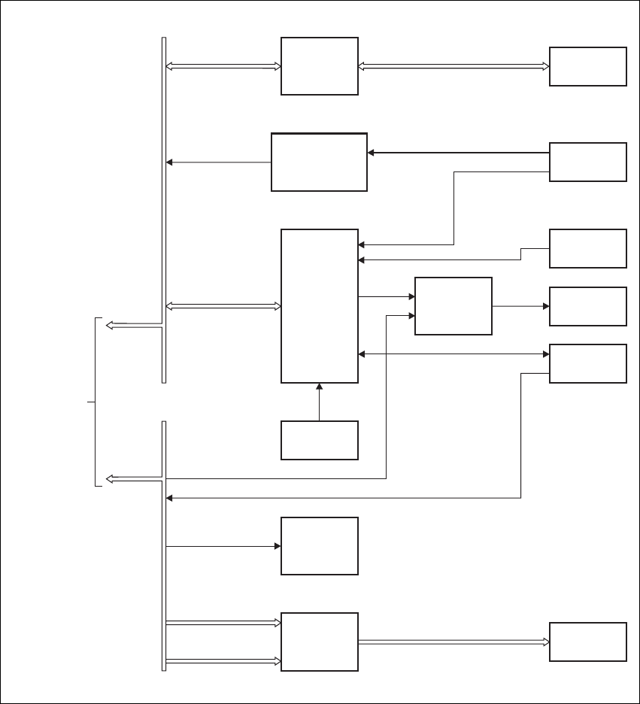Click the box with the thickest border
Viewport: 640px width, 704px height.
click(319, 162)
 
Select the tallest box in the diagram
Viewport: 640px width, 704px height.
click(319, 306)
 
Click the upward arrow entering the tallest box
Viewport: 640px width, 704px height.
click(320, 402)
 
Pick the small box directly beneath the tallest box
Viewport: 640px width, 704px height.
click(319, 440)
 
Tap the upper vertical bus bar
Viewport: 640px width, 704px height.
click(164, 211)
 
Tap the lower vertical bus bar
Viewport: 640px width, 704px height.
click(164, 545)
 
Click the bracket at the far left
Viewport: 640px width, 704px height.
click(96, 402)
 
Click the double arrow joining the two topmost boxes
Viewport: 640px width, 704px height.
click(453, 66)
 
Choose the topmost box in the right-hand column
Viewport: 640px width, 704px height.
click(587, 66)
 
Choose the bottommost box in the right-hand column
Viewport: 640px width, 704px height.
click(587, 642)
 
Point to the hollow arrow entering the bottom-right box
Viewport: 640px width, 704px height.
click(453, 642)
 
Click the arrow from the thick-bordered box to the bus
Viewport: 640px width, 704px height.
click(218, 162)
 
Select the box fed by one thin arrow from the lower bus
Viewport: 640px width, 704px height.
click(319, 546)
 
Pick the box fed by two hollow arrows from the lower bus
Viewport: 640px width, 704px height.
click(319, 642)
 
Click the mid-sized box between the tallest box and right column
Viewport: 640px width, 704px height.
click(453, 306)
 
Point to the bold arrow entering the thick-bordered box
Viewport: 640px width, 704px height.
click(458, 153)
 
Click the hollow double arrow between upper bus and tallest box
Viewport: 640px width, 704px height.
click(223, 306)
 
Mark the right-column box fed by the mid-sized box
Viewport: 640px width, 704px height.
click(587, 306)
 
